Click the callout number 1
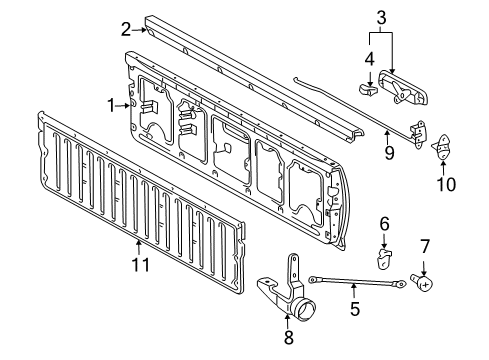click(112, 104)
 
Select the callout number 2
click(125, 28)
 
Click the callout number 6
click(383, 224)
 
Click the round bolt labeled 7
click(424, 283)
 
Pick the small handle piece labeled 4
click(367, 90)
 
